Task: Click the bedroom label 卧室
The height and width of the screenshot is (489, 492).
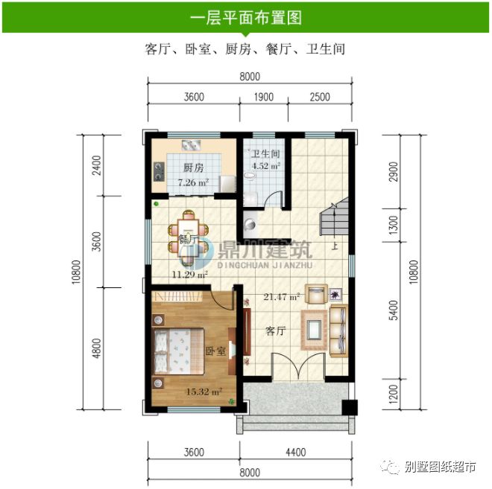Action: pyautogui.click(x=215, y=351)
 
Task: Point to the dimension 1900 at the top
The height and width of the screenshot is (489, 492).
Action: pyautogui.click(x=263, y=97)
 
